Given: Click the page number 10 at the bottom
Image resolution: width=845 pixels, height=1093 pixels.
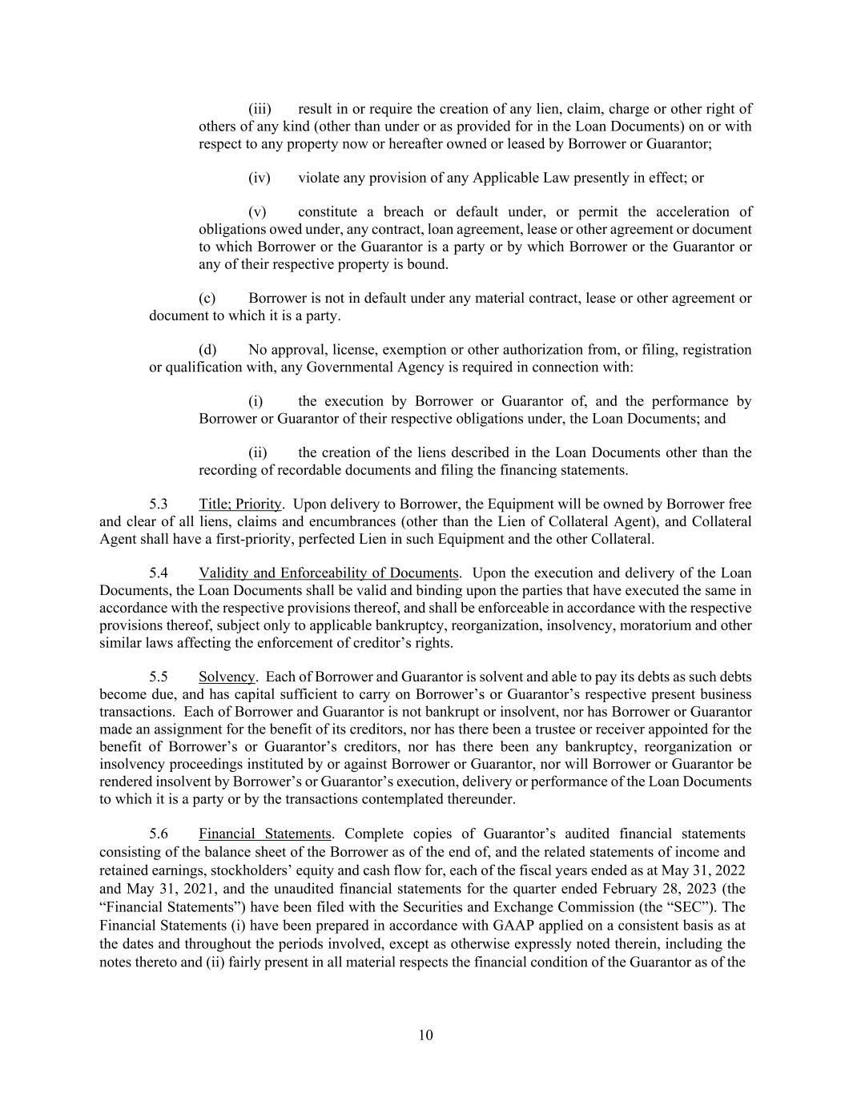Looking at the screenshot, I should [x=425, y=1035].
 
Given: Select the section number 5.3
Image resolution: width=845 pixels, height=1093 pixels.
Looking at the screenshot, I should [x=159, y=504].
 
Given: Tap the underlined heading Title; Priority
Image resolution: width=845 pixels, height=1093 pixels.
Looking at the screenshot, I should [x=240, y=504].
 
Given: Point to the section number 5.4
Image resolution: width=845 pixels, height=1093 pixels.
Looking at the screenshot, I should [x=159, y=573].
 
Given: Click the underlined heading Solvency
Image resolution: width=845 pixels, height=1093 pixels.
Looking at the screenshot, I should [x=227, y=677].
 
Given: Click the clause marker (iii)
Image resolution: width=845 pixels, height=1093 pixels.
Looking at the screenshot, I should [x=260, y=109].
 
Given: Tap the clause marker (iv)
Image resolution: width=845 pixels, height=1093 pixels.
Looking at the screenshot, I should [x=260, y=178].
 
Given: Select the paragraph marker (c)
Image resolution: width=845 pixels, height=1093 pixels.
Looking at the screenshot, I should [x=207, y=299].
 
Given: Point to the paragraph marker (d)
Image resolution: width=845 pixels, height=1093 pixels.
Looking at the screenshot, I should [x=207, y=350].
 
